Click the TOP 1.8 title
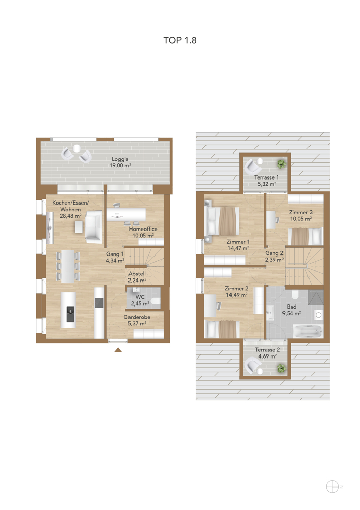tap(180, 40)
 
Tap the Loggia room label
tap(120, 159)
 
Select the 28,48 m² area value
tap(70, 216)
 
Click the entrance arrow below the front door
tap(118, 350)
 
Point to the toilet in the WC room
tap(156, 300)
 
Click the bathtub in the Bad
tap(307, 331)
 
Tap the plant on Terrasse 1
tap(281, 164)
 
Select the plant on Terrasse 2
tap(281, 369)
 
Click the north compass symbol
tap(332, 487)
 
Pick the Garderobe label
tap(137, 317)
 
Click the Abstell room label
tap(137, 274)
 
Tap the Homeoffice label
tap(143, 229)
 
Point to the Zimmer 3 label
tap(301, 212)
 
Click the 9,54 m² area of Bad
tap(291, 313)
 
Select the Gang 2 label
tap(274, 253)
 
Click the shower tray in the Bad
tap(316, 297)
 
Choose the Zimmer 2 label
tap(237, 289)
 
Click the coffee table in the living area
tap(79, 227)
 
